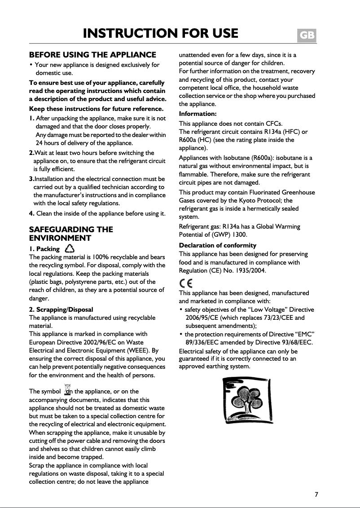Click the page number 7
tap(316, 495)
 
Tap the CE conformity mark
tap(186, 283)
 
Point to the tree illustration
tap(247, 400)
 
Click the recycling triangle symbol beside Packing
tap(70, 248)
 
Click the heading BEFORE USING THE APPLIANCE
tap(92, 55)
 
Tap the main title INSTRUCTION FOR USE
tap(161, 33)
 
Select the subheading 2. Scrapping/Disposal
tap(61, 309)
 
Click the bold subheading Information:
tap(198, 114)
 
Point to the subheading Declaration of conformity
tap(218, 245)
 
